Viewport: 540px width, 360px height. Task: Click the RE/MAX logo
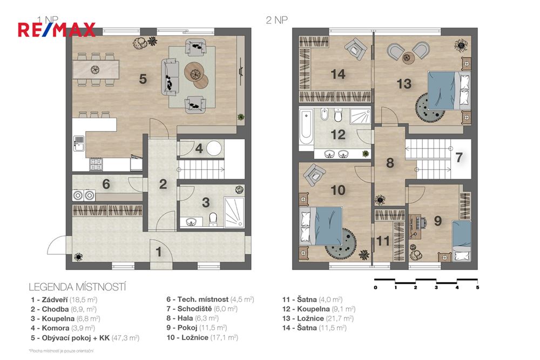point(57,29)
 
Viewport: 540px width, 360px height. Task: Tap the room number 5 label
point(143,79)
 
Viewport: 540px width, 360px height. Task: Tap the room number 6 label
point(106,184)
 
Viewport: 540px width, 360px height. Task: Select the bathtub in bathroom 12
point(306,127)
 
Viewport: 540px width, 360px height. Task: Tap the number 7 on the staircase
point(458,158)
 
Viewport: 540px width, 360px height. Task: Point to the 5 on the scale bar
point(477,288)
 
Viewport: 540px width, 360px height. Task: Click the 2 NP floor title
point(276,20)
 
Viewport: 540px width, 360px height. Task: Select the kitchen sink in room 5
point(78,144)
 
